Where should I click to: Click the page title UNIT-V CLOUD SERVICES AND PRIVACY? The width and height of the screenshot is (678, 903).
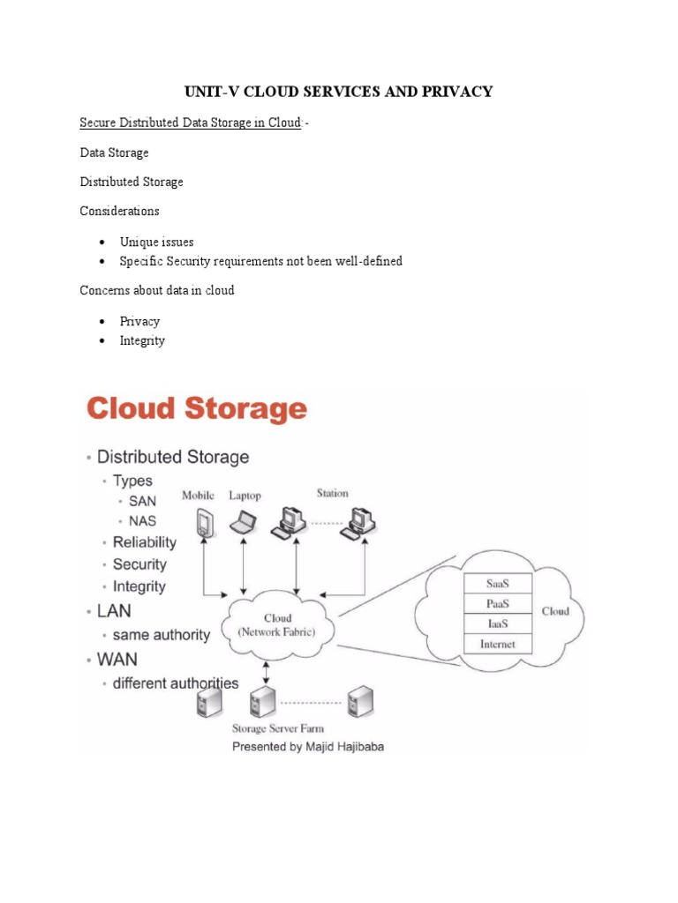click(x=338, y=92)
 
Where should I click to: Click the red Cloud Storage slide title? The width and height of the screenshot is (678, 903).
click(x=196, y=410)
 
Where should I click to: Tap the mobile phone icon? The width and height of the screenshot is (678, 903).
click(x=203, y=523)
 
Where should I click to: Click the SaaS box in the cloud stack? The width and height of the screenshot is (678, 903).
click(x=497, y=584)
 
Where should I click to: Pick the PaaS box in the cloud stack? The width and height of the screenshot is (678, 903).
click(x=497, y=604)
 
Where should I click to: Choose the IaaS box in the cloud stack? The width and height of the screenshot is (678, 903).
click(x=497, y=624)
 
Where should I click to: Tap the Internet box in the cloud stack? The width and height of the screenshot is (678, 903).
click(x=497, y=645)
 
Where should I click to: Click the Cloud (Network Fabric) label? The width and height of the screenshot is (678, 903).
click(x=277, y=624)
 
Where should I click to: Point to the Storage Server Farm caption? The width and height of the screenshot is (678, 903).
click(x=277, y=728)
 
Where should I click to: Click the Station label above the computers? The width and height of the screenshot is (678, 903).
click(x=332, y=493)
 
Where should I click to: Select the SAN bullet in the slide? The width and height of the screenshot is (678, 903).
click(x=142, y=501)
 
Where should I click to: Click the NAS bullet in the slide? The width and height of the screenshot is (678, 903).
click(x=142, y=521)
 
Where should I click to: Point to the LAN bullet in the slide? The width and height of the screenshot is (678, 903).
click(x=115, y=610)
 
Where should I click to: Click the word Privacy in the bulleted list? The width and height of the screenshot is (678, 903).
click(x=139, y=321)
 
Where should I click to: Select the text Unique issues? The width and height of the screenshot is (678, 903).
click(x=156, y=242)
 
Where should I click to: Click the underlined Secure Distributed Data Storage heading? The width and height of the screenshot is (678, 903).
click(x=191, y=123)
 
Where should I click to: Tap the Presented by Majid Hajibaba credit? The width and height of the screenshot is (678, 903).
click(x=308, y=746)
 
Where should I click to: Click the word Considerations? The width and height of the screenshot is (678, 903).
click(x=119, y=212)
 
